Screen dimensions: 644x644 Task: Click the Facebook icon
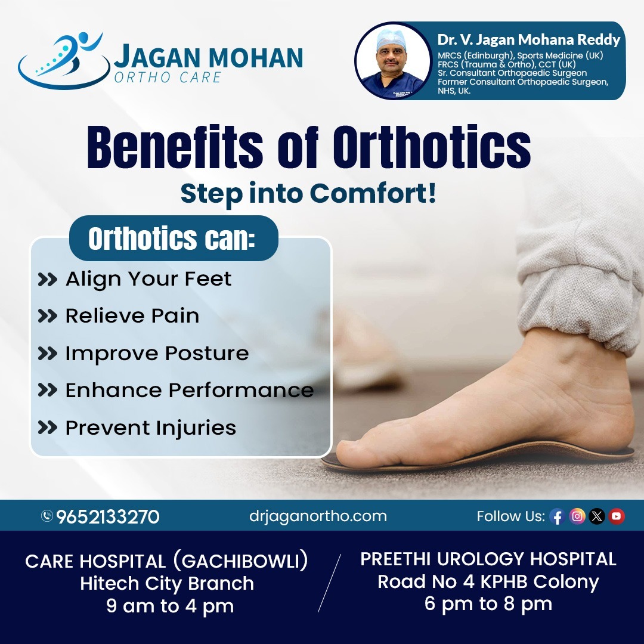point(557,516)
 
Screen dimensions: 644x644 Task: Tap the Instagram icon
point(577,516)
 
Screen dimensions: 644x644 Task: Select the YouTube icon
point(617,516)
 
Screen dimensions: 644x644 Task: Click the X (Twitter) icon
point(597,516)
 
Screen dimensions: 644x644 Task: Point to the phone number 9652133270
point(108,516)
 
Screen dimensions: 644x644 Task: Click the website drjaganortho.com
point(318,516)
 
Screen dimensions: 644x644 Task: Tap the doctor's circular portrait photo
point(393,60)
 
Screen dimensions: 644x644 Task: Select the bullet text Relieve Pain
point(132,316)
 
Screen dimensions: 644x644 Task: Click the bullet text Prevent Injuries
point(150,428)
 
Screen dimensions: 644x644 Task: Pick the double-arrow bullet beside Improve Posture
point(47,354)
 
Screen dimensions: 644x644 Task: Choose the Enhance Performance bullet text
point(189,391)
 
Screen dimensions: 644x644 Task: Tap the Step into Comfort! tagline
point(308,195)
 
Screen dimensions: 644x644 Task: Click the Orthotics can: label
point(172,239)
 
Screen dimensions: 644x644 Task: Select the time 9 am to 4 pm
point(170,606)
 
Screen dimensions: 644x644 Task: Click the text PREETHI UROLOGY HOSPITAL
point(488,559)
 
